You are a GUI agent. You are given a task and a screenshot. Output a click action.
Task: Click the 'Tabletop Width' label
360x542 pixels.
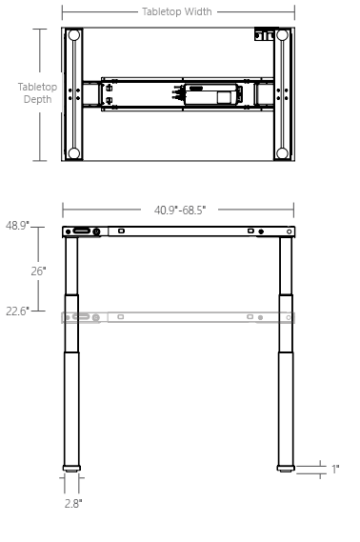click(177, 12)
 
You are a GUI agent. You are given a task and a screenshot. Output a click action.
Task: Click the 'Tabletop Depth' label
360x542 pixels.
click(37, 93)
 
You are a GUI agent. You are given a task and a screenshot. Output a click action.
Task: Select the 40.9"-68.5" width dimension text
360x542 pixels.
click(180, 210)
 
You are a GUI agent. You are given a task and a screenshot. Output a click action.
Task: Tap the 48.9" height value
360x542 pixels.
click(17, 226)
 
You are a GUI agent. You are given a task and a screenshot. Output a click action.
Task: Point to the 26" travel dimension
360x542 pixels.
click(38, 271)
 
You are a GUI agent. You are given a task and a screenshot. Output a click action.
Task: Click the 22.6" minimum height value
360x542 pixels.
click(17, 310)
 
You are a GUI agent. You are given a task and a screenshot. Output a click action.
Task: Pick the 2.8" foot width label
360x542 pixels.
click(72, 503)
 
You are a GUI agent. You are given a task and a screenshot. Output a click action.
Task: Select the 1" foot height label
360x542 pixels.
click(334, 469)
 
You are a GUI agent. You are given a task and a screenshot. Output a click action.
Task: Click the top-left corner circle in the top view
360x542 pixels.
click(73, 36)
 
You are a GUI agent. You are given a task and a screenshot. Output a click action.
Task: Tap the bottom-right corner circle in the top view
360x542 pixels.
click(282, 152)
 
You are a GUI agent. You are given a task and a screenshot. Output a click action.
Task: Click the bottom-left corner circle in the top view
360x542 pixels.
click(73, 152)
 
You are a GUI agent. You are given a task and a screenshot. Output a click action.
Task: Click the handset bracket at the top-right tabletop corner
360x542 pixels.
click(259, 36)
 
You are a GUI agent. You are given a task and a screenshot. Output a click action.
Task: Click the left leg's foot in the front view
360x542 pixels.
click(72, 468)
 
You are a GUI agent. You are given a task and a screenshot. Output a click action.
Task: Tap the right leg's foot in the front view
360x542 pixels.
click(286, 468)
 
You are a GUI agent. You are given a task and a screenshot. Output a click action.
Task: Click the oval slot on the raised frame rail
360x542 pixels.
click(82, 231)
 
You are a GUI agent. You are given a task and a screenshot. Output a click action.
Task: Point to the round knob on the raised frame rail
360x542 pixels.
click(97, 231)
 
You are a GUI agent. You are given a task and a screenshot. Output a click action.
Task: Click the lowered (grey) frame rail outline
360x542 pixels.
click(178, 316)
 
